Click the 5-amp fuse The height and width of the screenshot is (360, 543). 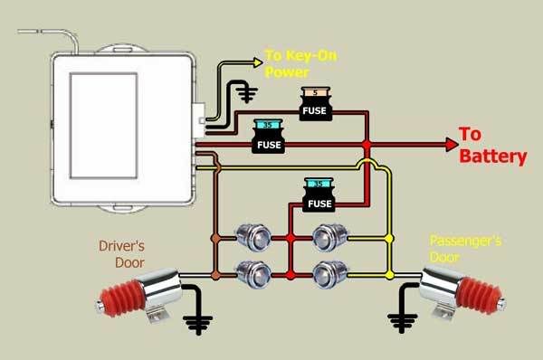(x=316, y=103)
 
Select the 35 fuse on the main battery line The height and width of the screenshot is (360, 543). (x=269, y=137)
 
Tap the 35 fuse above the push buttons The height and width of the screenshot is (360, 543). (x=319, y=194)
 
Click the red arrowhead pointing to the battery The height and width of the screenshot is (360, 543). (x=452, y=145)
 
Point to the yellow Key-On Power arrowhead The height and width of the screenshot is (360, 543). (x=258, y=62)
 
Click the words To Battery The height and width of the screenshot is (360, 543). (x=492, y=145)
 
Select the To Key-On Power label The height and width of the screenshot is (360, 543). (x=300, y=63)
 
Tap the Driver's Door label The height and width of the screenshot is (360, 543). (x=122, y=254)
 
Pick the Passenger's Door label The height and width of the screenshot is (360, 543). (x=465, y=249)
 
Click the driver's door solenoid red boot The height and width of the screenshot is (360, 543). (x=122, y=298)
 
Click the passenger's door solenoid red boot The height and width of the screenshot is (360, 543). (x=479, y=295)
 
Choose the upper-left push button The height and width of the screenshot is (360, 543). (x=253, y=238)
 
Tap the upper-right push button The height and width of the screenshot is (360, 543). (x=330, y=238)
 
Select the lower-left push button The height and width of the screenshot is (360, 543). (x=253, y=275)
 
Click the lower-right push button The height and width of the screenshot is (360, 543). (x=330, y=275)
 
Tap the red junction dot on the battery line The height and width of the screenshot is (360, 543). (x=367, y=145)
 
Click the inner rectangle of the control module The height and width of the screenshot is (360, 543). (x=104, y=126)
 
